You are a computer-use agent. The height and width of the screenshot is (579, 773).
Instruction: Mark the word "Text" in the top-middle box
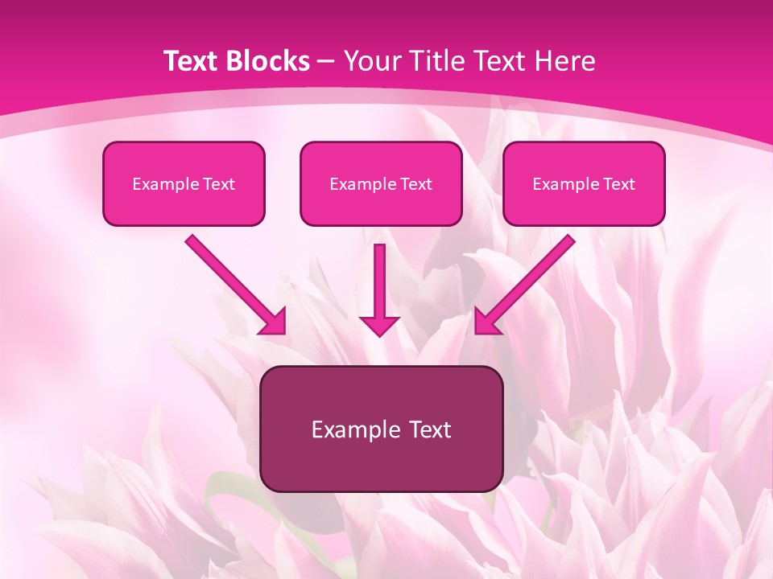tap(415, 184)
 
